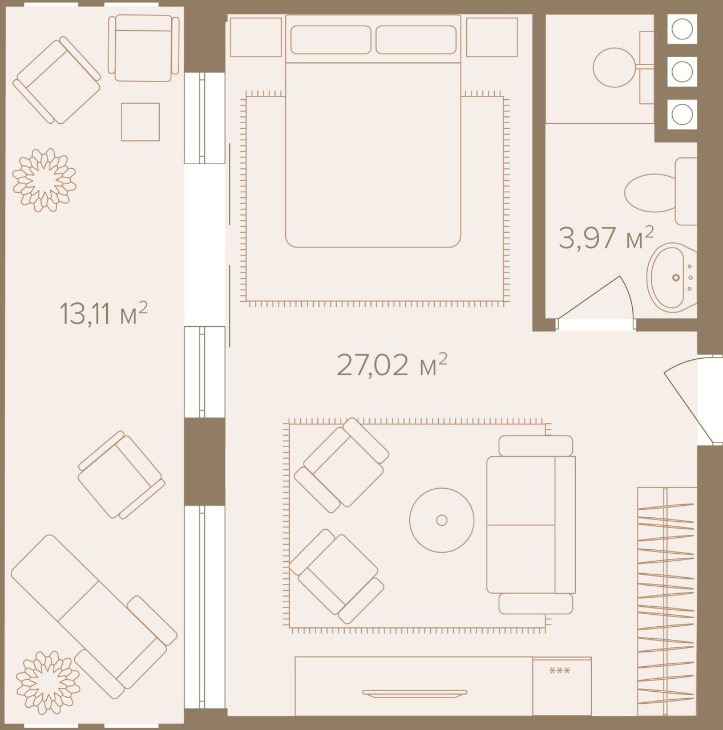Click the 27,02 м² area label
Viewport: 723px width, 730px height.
point(391,366)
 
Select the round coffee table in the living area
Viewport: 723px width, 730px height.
point(442,520)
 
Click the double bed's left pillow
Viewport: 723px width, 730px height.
point(330,39)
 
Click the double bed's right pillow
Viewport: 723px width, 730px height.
point(416,39)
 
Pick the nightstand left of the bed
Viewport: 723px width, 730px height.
point(256,36)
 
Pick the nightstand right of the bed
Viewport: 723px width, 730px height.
point(492,36)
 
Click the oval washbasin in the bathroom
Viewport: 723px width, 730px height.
point(672,278)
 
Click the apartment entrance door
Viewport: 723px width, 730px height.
point(685,399)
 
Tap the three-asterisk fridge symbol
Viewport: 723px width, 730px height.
point(559,671)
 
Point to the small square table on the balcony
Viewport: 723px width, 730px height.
point(140,121)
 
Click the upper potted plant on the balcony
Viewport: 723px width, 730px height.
point(45,180)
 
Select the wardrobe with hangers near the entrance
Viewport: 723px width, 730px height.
point(667,605)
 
